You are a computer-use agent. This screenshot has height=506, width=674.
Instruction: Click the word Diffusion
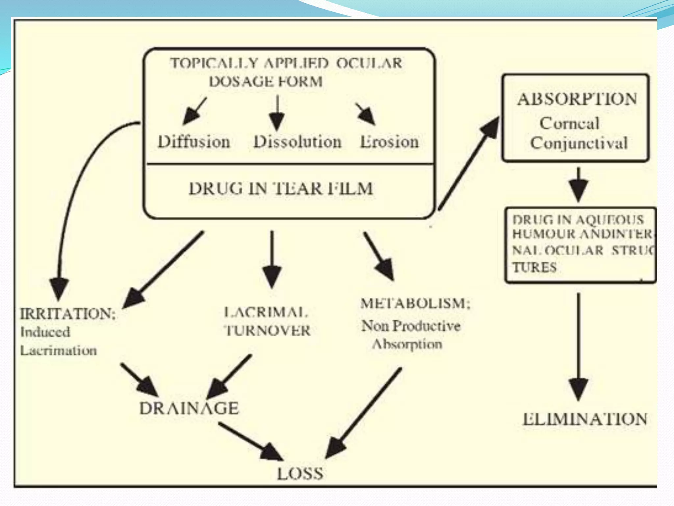pyautogui.click(x=194, y=142)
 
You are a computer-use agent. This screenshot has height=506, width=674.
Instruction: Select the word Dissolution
pyautogui.click(x=297, y=142)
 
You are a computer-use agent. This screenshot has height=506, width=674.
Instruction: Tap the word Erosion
pyautogui.click(x=389, y=142)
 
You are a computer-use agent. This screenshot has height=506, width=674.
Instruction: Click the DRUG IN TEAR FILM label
pyautogui.click(x=281, y=189)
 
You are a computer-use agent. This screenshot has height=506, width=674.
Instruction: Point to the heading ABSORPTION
pyautogui.click(x=577, y=99)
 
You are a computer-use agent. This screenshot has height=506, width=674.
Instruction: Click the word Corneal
pyautogui.click(x=569, y=124)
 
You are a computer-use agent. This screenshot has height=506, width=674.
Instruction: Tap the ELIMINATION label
pyautogui.click(x=585, y=419)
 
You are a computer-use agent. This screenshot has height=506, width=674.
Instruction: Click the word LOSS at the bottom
pyautogui.click(x=300, y=474)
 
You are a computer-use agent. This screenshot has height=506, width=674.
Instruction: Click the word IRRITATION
pyautogui.click(x=67, y=314)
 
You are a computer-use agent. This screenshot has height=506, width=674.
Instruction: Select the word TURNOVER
pyautogui.click(x=267, y=330)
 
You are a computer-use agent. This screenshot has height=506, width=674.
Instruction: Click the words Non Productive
pyautogui.click(x=411, y=326)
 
